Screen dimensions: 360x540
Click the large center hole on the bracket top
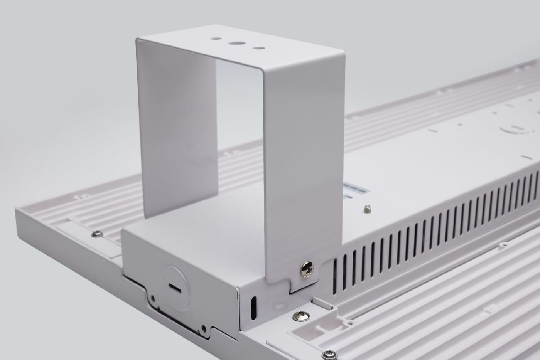235,44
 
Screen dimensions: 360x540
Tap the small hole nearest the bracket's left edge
214,39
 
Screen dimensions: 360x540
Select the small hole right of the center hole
256,49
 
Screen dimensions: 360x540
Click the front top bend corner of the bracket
265,71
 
